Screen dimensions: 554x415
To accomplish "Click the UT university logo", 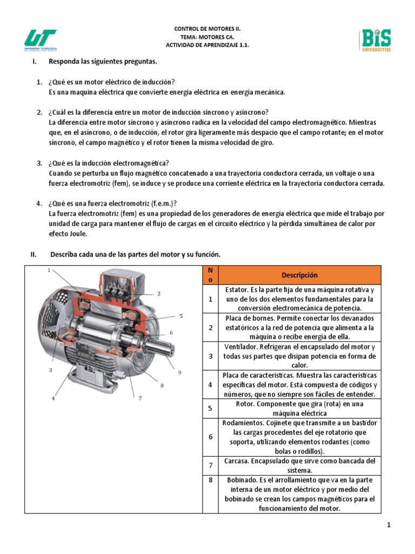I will [x=41, y=40].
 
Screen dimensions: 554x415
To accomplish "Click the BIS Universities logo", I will [x=376, y=40].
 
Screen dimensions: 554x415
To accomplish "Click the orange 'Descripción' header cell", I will [x=299, y=275].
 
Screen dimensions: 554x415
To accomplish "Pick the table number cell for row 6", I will [x=211, y=436].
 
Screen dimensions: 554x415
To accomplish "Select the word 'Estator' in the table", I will [x=236, y=289].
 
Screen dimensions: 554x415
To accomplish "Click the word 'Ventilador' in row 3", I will [x=240, y=346].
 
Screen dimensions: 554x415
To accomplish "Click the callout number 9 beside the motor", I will [x=180, y=372].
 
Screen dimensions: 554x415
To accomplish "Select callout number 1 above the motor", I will [x=49, y=270].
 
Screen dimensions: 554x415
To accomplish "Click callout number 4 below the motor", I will [x=53, y=399].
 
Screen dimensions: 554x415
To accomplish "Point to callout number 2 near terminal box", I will [x=159, y=294].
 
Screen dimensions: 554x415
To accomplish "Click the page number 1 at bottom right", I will [x=388, y=525].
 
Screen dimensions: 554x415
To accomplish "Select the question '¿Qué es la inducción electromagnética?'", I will [x=109, y=163].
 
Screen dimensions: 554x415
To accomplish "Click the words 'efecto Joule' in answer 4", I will [x=68, y=234].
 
